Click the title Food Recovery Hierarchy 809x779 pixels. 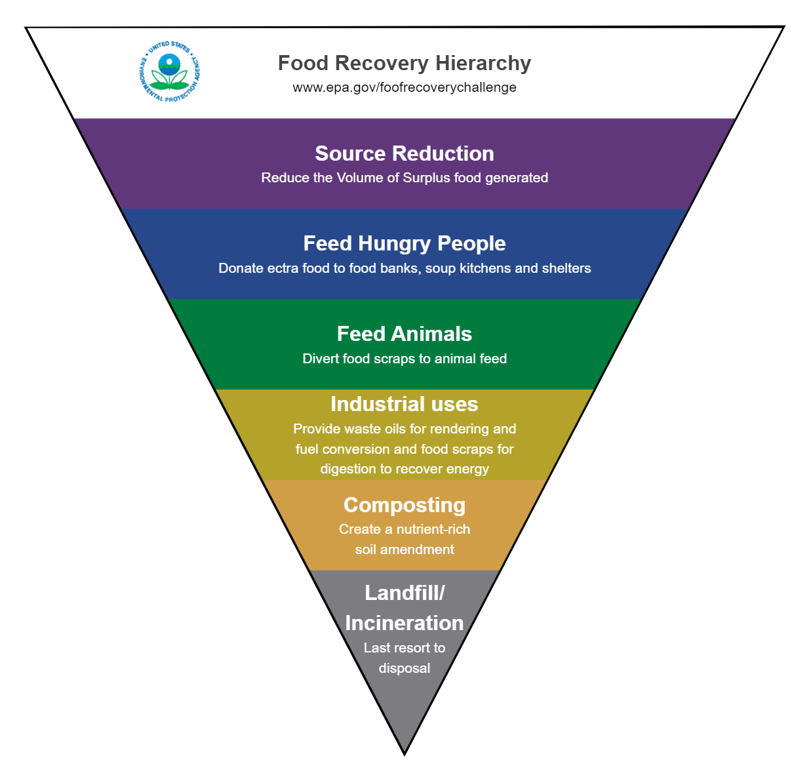[x=404, y=63]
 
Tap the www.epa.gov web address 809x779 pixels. [x=404, y=87]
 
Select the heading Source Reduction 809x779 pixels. [x=404, y=153]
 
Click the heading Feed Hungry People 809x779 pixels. [x=404, y=243]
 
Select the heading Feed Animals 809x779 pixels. [x=404, y=334]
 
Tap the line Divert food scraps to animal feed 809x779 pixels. [x=404, y=359]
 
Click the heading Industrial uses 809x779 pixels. [x=404, y=404]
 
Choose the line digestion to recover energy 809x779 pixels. [x=404, y=469]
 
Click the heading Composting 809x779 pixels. [x=404, y=505]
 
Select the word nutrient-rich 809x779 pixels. [x=433, y=529]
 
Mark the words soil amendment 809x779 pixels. [x=404, y=549]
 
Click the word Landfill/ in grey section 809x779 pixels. [x=404, y=593]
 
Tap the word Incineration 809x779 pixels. [x=404, y=623]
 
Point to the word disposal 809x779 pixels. [x=404, y=668]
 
